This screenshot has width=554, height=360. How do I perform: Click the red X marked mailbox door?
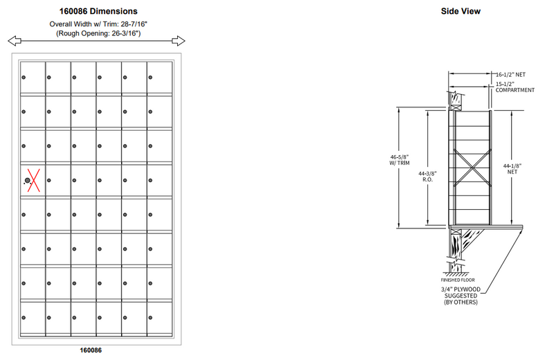coord(31,181)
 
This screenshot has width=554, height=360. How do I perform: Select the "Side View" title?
coord(461,11)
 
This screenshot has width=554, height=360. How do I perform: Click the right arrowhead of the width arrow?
coord(181,39)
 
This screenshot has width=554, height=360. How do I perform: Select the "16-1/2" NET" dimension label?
coord(511,73)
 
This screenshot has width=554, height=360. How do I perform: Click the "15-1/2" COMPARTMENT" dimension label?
coord(515,87)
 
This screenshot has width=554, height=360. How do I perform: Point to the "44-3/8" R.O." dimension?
coord(428,177)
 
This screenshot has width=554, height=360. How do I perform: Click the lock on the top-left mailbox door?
coord(23,77)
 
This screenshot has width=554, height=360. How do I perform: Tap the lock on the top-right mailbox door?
coord(150,77)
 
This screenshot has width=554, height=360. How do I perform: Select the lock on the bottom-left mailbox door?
coord(23,318)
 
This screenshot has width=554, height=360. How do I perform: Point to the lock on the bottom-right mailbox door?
coord(150,318)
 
